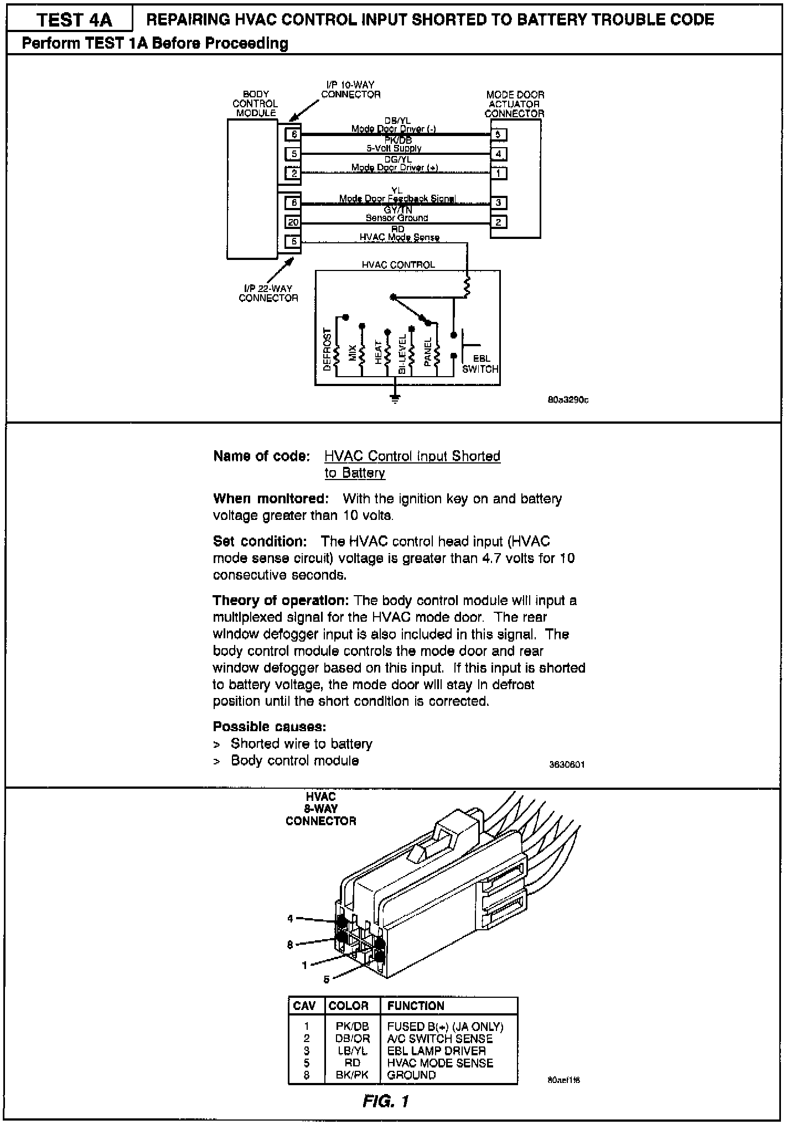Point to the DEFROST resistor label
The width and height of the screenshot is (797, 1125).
[327, 350]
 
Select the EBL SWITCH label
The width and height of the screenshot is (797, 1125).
[480, 364]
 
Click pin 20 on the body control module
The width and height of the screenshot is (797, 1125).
[293, 222]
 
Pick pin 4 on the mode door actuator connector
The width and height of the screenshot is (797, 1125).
[498, 154]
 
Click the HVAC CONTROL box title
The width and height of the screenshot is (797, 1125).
[398, 265]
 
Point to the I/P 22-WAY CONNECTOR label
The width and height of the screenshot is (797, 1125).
[268, 293]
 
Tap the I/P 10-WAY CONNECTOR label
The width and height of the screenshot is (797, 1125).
[350, 90]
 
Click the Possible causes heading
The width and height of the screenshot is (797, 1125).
[270, 726]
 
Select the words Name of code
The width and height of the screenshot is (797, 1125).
[261, 456]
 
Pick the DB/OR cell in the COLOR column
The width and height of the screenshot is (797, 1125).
[352, 1039]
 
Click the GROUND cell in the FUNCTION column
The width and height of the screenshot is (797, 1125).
[411, 1075]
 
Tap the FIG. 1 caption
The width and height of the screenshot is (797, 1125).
[386, 1101]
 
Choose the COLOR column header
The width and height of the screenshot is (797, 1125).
[348, 1006]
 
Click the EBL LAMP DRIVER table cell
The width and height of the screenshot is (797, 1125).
[436, 1050]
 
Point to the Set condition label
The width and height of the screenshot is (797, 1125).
[260, 541]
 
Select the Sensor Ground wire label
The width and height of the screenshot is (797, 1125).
[396, 218]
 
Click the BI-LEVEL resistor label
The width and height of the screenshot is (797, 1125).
[402, 353]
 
